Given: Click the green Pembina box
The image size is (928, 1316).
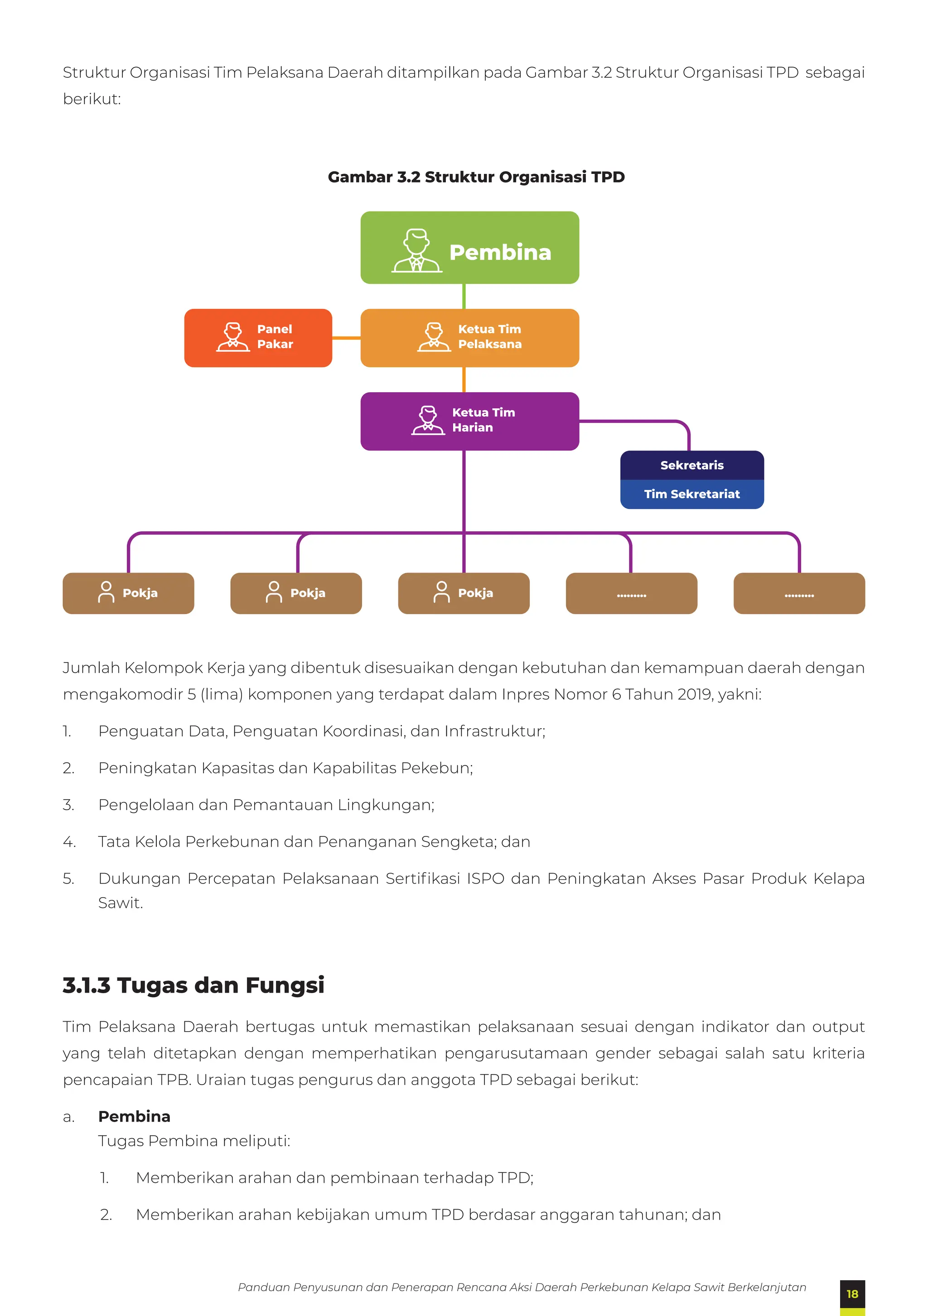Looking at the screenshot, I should point(469,248).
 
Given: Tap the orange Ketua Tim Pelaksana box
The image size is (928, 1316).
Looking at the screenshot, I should point(469,337).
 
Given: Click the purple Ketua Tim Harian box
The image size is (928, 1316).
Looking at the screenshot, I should point(469,421).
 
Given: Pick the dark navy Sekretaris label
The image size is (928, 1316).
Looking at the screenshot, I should point(692,465).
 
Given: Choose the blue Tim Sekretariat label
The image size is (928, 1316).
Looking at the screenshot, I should point(692,494).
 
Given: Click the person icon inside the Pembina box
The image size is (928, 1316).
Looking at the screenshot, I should point(417,250).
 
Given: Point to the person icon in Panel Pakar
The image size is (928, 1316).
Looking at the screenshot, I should point(233,336).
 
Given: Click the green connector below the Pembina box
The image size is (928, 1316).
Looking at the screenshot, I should point(464,296).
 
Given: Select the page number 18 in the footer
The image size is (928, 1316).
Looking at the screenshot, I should point(852,1294).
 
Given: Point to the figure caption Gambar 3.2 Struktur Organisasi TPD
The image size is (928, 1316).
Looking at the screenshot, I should point(476,177).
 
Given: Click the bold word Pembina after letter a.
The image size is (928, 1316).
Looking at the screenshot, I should point(134,1117).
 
